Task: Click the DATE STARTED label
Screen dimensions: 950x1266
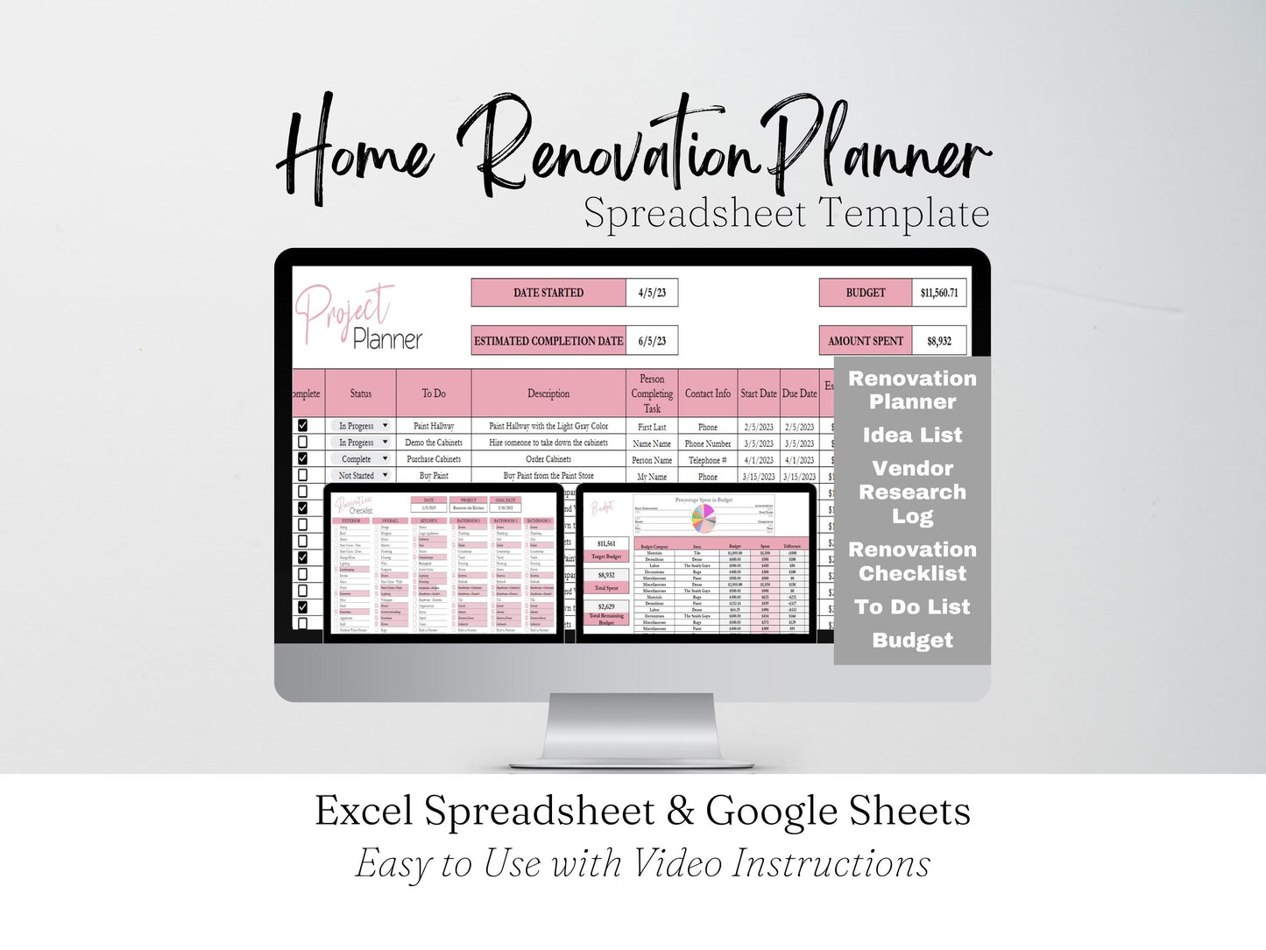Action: [x=548, y=293]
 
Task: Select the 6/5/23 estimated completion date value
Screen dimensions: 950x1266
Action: [x=652, y=341]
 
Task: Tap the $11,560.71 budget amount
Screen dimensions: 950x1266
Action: [x=939, y=293]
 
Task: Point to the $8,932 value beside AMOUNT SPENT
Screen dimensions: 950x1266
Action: [x=939, y=341]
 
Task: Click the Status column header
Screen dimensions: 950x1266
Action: [x=360, y=393]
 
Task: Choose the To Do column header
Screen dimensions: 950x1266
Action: [x=434, y=393]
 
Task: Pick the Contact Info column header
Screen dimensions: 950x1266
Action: [x=707, y=393]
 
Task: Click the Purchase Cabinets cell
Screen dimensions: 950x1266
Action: [x=434, y=459]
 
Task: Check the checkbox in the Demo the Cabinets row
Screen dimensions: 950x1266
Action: [x=303, y=443]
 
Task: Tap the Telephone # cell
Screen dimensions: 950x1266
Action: [x=707, y=460]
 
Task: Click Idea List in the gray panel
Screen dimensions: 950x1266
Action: [x=912, y=436]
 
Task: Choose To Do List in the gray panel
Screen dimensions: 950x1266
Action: [x=912, y=606]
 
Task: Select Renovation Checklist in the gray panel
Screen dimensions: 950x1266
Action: [x=912, y=562]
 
